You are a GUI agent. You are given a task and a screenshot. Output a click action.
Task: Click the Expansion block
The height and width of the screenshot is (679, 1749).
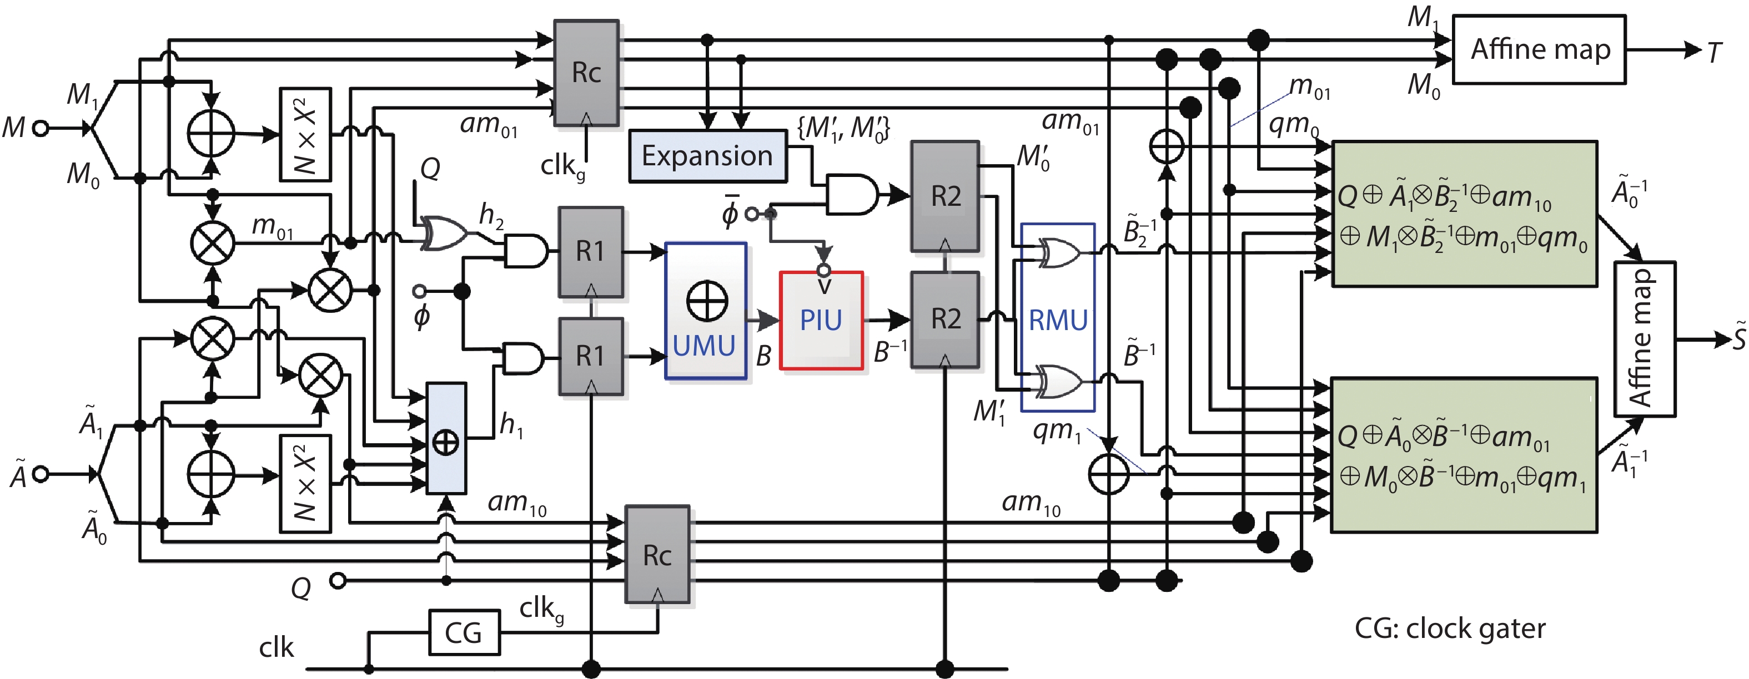point(707,156)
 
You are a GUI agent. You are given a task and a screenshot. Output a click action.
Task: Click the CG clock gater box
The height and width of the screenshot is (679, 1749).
point(464,632)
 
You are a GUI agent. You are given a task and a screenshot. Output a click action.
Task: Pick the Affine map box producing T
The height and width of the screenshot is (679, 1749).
point(1539,49)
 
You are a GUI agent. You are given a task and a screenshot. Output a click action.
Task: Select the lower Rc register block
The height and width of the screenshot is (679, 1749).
point(656,554)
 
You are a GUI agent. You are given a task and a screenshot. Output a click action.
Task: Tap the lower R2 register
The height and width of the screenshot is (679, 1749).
point(944,319)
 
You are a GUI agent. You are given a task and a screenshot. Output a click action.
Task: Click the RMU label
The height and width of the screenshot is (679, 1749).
point(1058,320)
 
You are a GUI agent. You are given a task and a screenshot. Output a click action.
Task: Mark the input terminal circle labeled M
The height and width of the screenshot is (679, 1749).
point(41,128)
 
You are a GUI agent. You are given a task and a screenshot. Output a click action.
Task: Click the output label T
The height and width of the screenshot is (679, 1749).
point(1715,52)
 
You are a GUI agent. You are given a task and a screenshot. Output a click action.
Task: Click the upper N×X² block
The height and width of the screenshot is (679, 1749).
point(305,134)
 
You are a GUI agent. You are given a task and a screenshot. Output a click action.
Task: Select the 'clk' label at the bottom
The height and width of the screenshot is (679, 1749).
point(277,648)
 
